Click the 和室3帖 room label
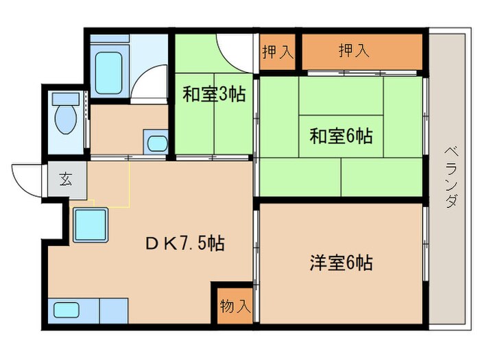213,95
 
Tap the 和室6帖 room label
341,136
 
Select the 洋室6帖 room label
341,262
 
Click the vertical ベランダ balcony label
451,176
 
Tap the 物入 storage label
235,307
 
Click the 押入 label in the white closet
278,51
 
